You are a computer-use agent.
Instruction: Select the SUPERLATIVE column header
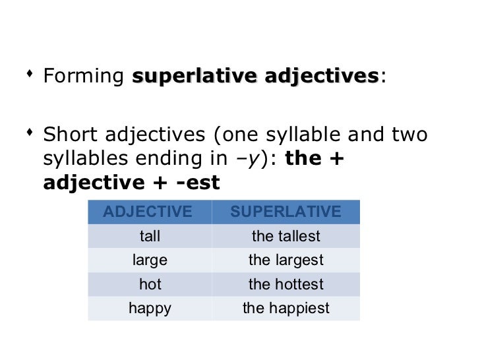click(285, 212)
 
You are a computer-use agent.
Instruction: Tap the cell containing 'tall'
click(150, 236)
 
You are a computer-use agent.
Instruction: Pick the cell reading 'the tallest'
click(285, 236)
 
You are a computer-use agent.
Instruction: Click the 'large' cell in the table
click(150, 260)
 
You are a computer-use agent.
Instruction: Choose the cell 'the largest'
click(285, 260)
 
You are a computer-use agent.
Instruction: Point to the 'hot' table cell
click(150, 284)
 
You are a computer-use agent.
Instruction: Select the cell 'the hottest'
click(285, 284)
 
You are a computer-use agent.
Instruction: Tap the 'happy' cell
click(150, 308)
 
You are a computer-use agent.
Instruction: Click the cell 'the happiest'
click(285, 308)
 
